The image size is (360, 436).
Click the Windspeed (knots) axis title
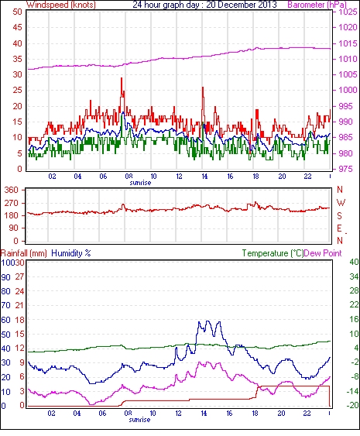[61, 5]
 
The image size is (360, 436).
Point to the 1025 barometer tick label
[348, 12]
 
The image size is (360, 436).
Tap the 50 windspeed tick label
[18, 12]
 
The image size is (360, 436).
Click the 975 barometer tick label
[345, 169]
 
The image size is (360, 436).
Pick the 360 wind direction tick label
[12, 191]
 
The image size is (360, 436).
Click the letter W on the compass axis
[341, 203]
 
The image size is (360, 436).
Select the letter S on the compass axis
[339, 215]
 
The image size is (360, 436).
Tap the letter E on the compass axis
[339, 228]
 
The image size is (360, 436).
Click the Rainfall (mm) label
[24, 253]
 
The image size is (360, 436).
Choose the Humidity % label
[71, 253]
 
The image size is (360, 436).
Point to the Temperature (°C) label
[273, 253]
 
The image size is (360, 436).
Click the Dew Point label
[323, 253]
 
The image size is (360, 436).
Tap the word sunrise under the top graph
[140, 183]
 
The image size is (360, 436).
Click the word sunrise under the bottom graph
[139, 420]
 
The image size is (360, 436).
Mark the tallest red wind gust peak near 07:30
[122, 78]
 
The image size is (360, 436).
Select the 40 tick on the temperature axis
[354, 263]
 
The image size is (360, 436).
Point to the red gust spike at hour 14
[203, 88]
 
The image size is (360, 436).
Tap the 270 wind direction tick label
[12, 203]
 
